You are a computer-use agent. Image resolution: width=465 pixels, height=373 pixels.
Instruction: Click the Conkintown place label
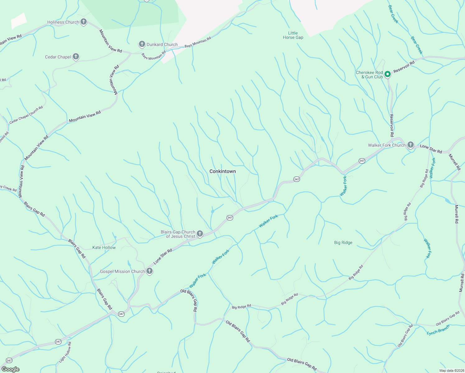click(x=223, y=171)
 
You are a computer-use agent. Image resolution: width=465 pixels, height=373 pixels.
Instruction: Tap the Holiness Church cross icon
click(x=83, y=22)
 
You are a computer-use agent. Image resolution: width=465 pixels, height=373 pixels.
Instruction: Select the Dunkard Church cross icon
click(x=142, y=44)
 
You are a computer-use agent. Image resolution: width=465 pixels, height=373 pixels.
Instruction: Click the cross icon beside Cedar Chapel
click(x=76, y=57)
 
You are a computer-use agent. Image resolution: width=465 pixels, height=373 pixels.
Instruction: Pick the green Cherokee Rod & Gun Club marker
click(x=387, y=74)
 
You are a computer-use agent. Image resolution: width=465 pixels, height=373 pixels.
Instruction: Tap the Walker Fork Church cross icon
click(x=411, y=145)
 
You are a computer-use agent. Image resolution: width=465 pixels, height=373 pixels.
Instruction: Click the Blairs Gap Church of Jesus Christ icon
click(x=200, y=234)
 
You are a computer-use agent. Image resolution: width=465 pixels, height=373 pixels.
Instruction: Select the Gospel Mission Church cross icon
click(x=150, y=271)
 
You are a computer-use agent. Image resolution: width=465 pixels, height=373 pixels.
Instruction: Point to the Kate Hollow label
click(x=104, y=247)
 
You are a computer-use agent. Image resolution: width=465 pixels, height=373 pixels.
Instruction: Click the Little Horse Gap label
click(x=293, y=35)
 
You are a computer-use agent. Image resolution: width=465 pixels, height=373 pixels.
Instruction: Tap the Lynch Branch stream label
click(x=438, y=330)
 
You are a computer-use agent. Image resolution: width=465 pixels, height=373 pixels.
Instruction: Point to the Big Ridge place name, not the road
click(x=343, y=242)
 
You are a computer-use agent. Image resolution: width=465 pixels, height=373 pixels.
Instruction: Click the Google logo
click(x=11, y=369)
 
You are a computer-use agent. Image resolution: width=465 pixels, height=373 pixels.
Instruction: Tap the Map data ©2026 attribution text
click(x=451, y=371)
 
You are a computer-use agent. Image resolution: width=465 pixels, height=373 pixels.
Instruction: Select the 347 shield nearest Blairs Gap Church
click(x=230, y=218)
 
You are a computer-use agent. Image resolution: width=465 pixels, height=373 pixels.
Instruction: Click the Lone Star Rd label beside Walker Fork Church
click(x=431, y=149)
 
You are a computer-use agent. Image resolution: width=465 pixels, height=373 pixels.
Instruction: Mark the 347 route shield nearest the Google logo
click(x=9, y=361)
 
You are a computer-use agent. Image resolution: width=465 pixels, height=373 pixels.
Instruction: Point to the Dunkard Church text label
click(x=162, y=44)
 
